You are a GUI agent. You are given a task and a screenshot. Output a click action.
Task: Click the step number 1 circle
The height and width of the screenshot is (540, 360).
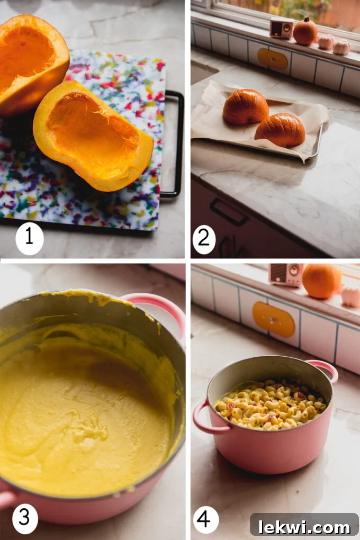29,237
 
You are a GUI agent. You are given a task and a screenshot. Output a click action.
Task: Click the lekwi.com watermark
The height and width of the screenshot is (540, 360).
304,526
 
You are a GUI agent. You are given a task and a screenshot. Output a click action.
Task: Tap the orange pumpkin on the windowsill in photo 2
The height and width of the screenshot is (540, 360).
305,32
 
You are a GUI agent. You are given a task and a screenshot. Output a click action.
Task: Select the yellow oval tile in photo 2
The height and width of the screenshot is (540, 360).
273,59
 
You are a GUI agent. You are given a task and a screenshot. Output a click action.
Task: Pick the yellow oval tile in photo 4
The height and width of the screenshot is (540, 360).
273,319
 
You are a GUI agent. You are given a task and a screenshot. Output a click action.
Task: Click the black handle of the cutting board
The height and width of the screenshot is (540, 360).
175,143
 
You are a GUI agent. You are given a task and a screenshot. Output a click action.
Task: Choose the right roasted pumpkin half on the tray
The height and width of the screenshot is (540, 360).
280,130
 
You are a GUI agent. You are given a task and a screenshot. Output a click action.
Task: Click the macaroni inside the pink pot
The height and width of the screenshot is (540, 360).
270,405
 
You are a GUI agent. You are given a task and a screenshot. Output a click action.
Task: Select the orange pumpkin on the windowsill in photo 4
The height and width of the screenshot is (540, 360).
321,281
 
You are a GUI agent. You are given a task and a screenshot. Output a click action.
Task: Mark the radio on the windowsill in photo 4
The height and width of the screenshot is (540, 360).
285,275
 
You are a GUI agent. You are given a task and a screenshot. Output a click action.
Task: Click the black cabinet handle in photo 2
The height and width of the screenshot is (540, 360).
228,212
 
